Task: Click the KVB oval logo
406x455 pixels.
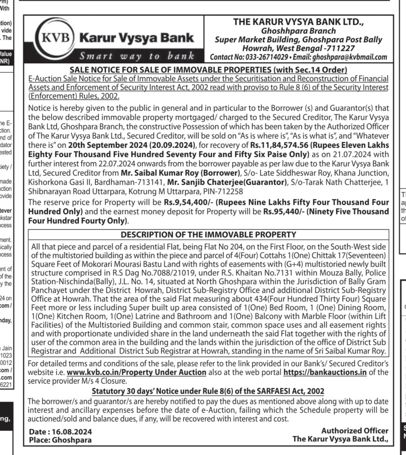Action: tap(57, 38)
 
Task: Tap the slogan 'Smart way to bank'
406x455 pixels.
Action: tap(137, 56)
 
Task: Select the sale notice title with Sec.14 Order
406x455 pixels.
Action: tap(208, 70)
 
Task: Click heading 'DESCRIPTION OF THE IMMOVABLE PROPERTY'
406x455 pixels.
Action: tap(208, 235)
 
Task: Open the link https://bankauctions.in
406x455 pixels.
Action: tap(325, 372)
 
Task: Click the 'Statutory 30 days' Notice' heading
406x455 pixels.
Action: tap(208, 391)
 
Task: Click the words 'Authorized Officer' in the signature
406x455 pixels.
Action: tap(355, 430)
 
